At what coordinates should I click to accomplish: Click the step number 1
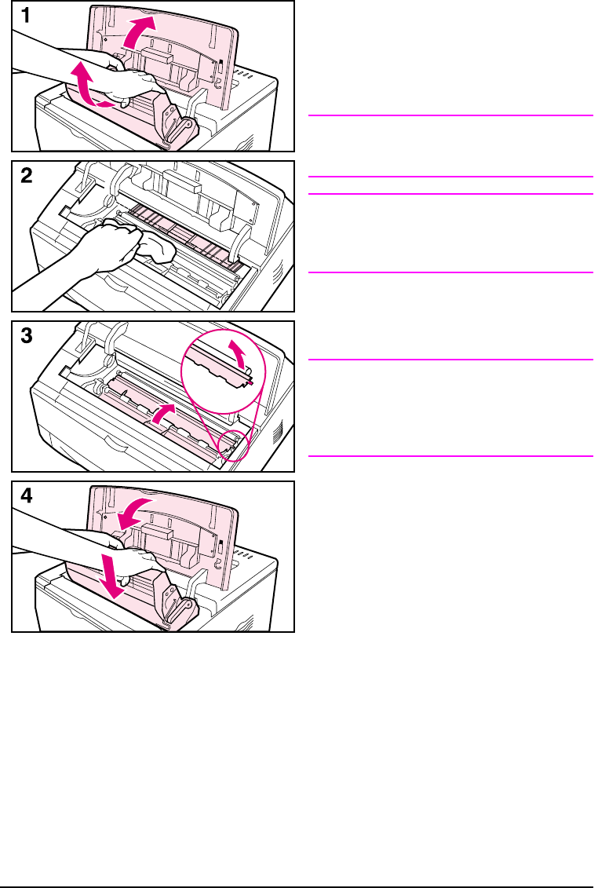[x=25, y=16]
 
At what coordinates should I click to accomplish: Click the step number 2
[x=26, y=176]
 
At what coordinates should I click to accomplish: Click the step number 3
[x=26, y=336]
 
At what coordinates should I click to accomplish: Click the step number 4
[x=26, y=497]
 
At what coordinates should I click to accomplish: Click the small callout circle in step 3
[x=233, y=446]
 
